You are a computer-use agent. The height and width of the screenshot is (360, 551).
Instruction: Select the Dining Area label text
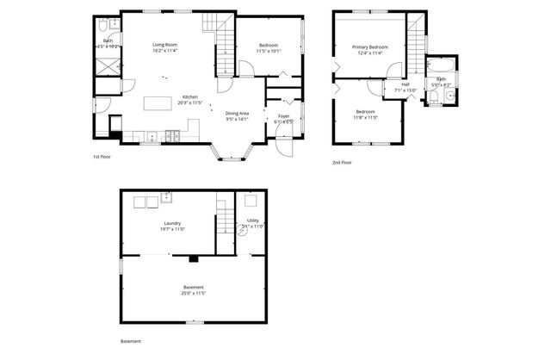[x=238, y=114]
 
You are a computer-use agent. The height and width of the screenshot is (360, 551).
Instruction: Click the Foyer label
[x=283, y=116]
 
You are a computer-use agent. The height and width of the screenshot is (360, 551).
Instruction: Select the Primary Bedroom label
[x=370, y=47]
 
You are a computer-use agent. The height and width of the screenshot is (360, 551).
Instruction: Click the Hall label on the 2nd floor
[x=405, y=84]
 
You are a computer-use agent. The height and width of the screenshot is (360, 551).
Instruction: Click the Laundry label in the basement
[x=172, y=224]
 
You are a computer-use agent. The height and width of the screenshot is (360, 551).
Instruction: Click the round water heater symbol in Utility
[x=242, y=232]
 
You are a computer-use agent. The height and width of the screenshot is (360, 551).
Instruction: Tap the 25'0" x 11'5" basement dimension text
[x=194, y=293]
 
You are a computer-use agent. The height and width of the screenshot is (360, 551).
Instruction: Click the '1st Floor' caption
[x=102, y=157]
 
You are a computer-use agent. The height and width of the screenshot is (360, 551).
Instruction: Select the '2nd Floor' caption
[x=342, y=162]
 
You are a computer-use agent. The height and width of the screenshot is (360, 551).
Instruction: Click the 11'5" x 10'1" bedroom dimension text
[x=269, y=51]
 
